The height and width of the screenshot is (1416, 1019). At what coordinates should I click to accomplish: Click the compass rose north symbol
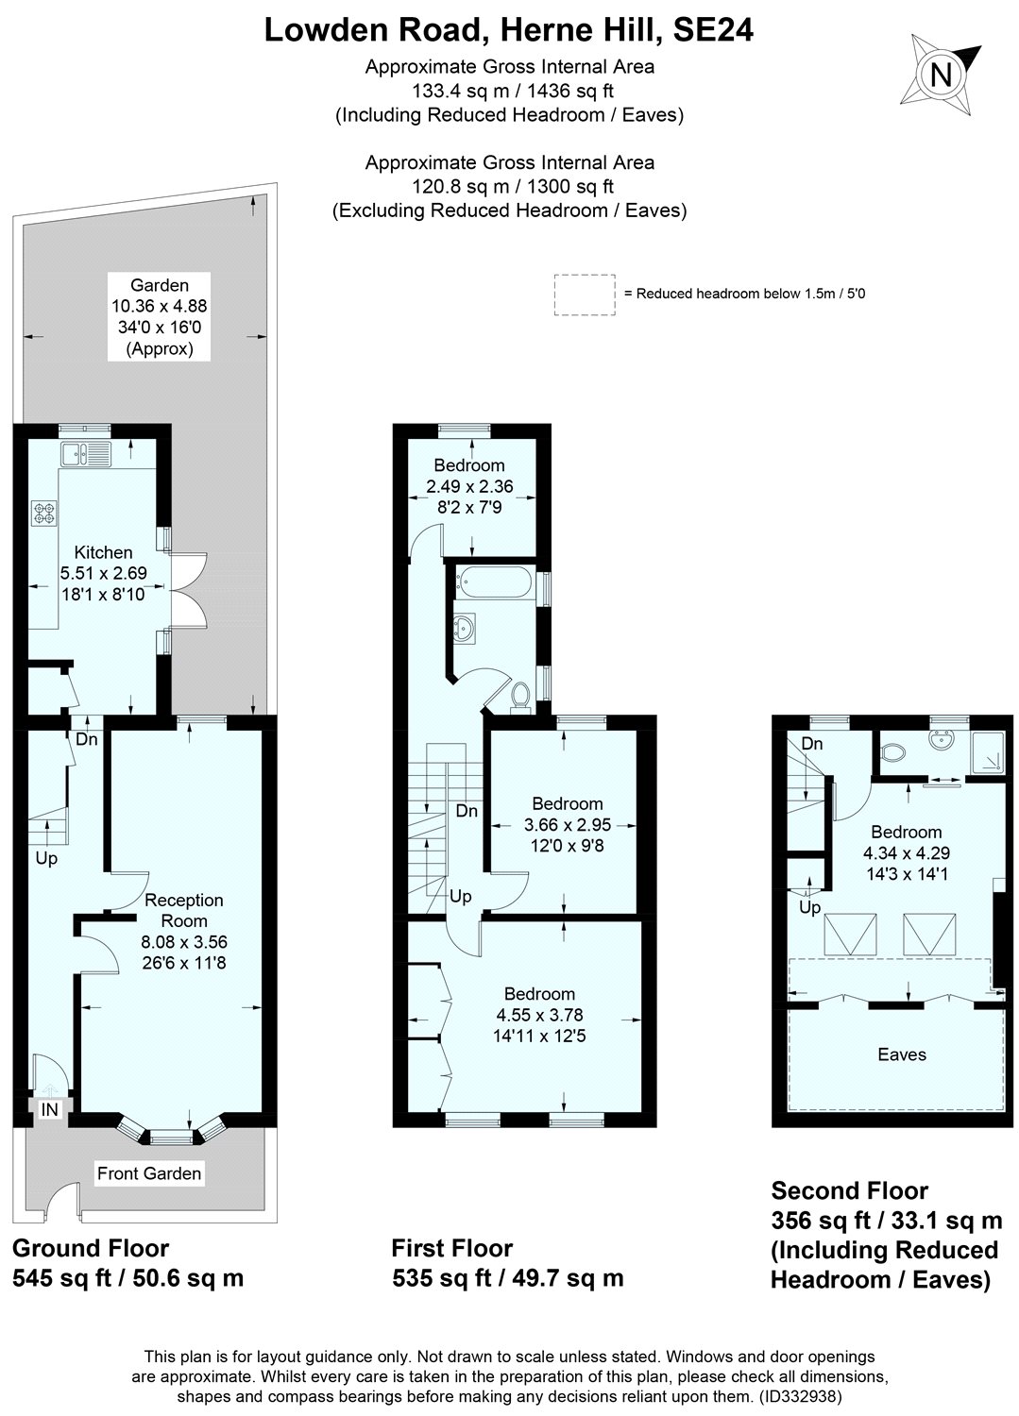(940, 73)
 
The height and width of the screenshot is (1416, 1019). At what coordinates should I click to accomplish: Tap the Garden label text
(160, 285)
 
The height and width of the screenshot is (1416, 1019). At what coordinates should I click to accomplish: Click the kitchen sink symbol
(85, 455)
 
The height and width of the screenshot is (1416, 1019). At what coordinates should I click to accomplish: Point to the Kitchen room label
(103, 552)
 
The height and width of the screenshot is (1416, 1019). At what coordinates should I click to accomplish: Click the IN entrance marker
(49, 1110)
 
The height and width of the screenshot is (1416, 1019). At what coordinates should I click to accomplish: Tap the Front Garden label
(149, 1173)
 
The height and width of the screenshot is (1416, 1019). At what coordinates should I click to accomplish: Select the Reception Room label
(184, 910)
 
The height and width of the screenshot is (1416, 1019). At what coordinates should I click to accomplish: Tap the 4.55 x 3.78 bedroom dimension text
(539, 1015)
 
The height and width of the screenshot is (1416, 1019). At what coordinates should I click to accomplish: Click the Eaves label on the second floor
(901, 1054)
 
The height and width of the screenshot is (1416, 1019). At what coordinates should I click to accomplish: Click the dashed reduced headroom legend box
(584, 294)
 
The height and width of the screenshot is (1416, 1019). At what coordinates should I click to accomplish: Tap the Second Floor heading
(849, 1190)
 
